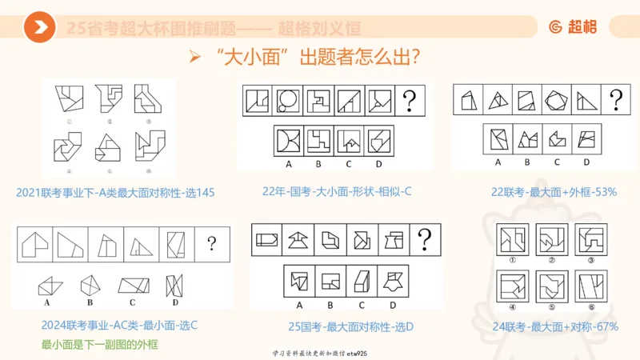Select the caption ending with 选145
[115, 193]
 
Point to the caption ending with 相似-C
[336, 192]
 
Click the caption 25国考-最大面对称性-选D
[344, 326]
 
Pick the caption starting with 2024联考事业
[119, 326]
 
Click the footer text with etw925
[319, 352]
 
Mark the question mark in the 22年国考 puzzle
[410, 101]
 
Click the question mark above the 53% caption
[615, 100]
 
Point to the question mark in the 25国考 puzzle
[425, 238]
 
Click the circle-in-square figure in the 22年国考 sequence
[286, 101]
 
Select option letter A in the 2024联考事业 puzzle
[48, 304]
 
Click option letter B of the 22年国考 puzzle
[318, 165]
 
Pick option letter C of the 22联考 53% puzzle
[557, 162]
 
